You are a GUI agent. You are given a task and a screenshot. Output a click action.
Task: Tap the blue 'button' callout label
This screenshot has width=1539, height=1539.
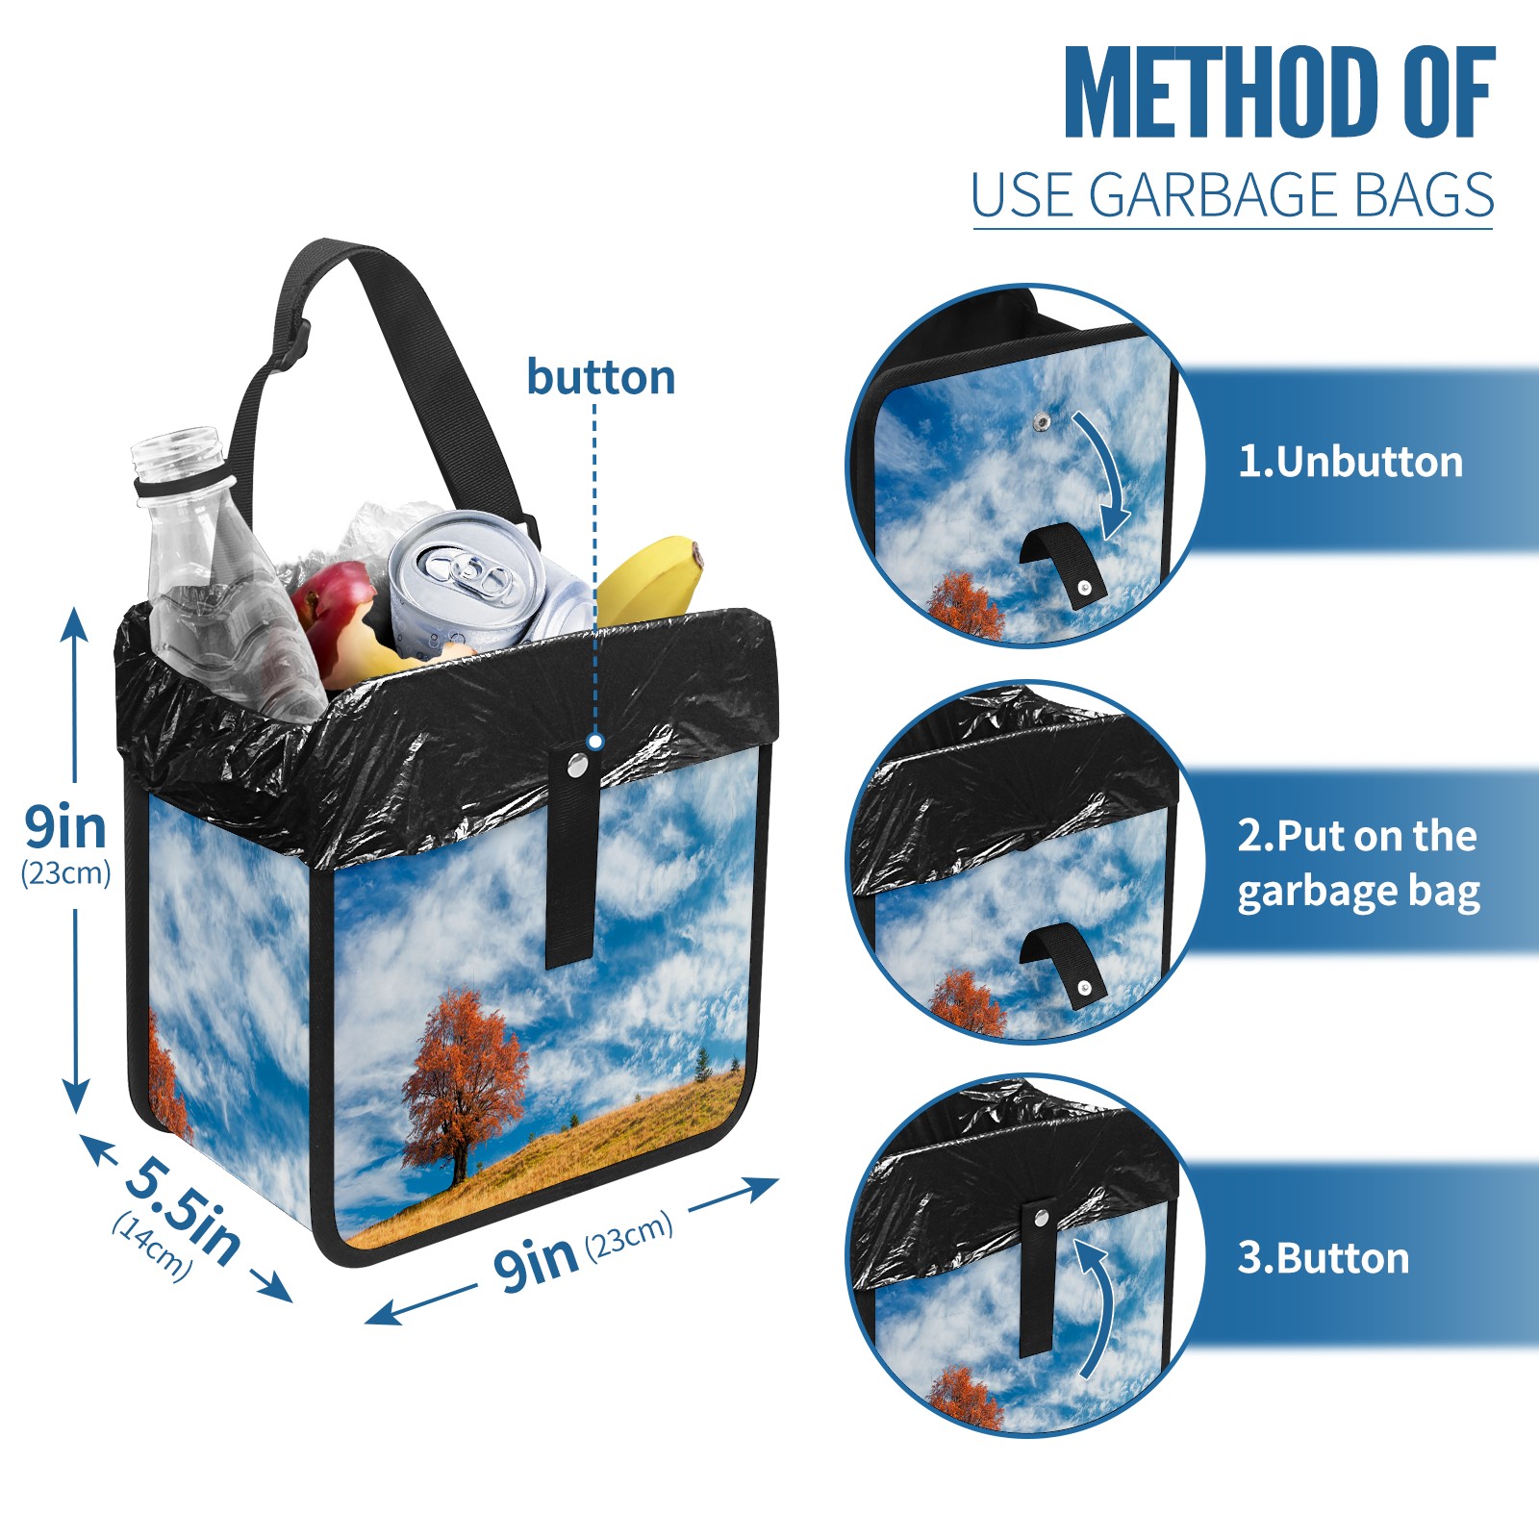click(x=601, y=377)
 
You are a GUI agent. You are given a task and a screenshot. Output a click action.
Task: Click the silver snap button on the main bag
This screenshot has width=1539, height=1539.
click(x=578, y=766)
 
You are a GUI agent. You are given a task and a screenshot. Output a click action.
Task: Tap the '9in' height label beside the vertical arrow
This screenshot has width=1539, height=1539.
click(x=65, y=827)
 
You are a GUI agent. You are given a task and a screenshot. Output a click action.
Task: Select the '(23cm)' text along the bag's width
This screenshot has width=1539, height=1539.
click(x=629, y=1237)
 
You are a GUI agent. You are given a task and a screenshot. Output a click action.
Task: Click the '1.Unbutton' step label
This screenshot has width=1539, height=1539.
click(x=1350, y=462)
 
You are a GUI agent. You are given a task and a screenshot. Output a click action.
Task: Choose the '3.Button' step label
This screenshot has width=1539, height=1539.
click(x=1323, y=1258)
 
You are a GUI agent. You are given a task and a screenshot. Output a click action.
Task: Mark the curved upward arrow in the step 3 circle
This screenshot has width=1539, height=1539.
click(x=1097, y=1308)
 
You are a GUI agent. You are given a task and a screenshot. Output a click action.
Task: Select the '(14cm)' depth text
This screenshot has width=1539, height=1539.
click(x=152, y=1247)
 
